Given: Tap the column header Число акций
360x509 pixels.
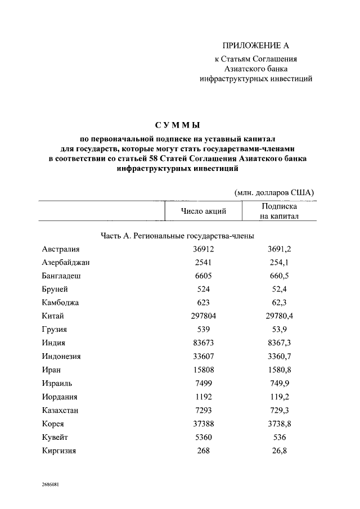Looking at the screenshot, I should (203, 211).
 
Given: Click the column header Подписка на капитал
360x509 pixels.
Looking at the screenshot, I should (279, 211).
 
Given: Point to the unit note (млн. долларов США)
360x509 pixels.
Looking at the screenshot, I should (274, 192).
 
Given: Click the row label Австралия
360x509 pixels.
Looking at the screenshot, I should (61, 249).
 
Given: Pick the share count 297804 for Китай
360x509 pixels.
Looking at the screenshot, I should (203, 316).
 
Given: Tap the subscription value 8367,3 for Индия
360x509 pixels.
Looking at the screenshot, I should (279, 343).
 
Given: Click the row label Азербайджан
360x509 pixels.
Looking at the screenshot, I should (66, 262).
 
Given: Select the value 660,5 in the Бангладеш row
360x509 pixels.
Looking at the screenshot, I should (279, 276).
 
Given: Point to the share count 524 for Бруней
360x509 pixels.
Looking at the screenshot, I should (203, 289).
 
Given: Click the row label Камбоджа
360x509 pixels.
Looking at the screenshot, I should (60, 303).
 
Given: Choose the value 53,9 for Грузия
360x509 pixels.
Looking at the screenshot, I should (279, 330).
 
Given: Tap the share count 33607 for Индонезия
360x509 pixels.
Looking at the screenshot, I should (203, 357).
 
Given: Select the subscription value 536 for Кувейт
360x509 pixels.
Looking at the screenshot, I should (279, 438).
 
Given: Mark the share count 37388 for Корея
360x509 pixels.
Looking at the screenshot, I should (203, 424).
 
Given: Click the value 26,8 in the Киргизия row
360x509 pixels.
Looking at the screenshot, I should (279, 451).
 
